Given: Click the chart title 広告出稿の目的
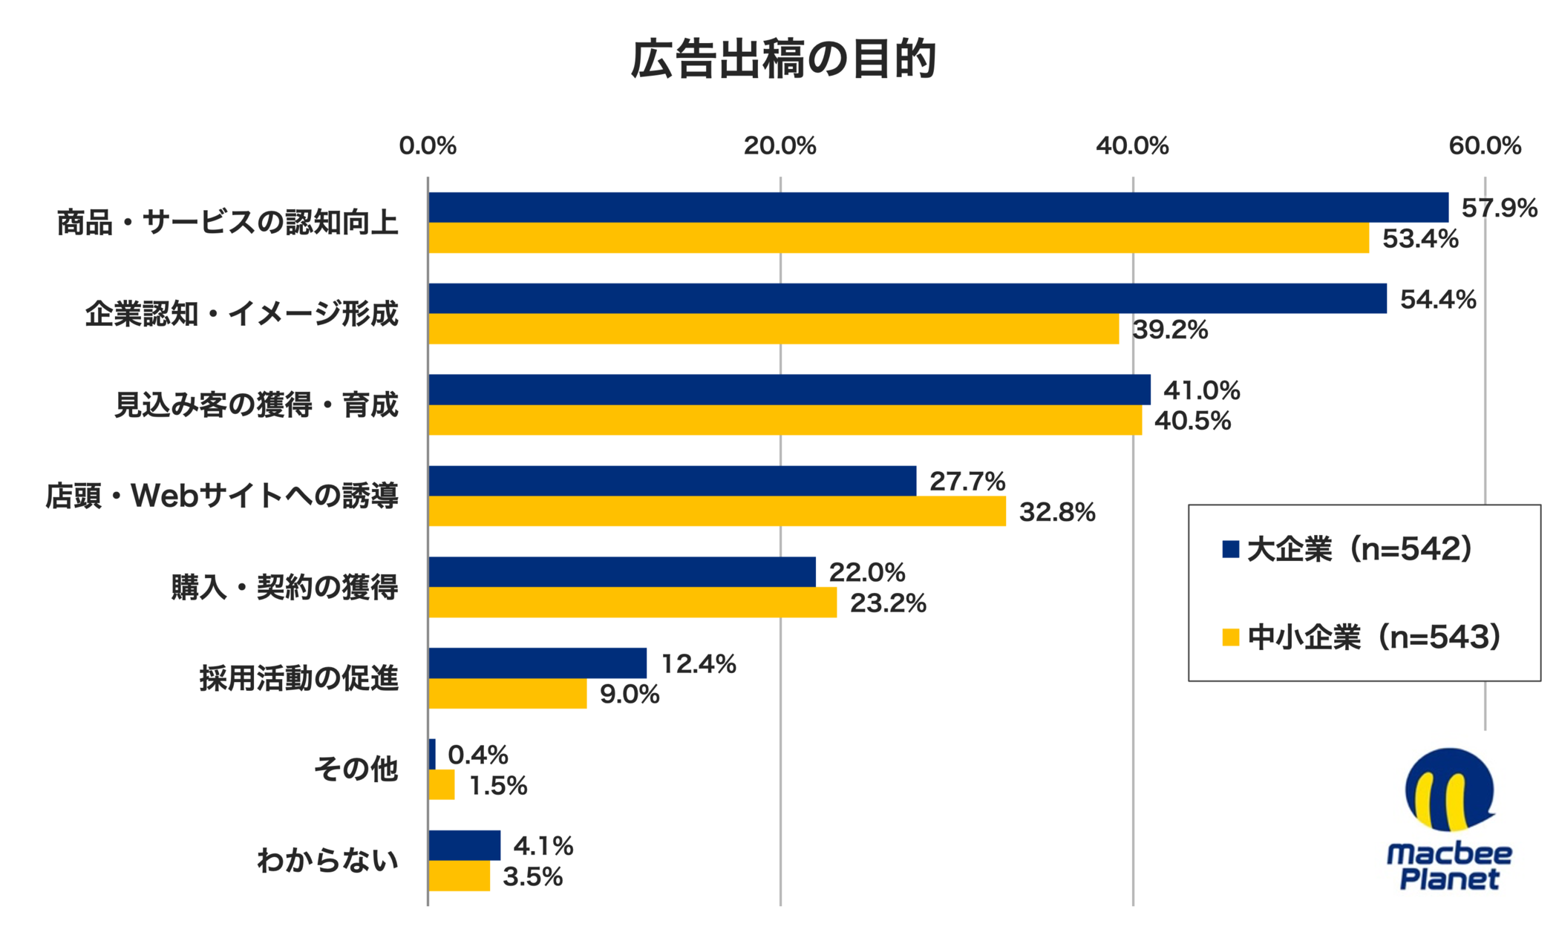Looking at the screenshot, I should pos(782,59).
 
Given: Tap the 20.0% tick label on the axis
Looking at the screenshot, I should pos(779,146).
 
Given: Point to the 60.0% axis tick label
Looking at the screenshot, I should pos(1484,146).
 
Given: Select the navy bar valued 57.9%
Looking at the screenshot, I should pos(938,208).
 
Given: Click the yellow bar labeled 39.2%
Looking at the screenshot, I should pos(773,329).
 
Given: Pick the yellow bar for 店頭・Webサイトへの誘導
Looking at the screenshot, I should pos(716,511).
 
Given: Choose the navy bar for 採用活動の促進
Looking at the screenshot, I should pos(537,663).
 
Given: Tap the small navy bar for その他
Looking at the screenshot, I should pos(432,754).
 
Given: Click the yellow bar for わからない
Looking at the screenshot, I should pos(459,876).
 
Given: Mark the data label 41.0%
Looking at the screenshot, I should pos(1201,390).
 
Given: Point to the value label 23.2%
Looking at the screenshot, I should pos(888,603).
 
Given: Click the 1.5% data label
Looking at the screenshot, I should pos(497,786).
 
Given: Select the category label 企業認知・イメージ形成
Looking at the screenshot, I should pos(241,314).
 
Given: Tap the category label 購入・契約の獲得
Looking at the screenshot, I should pos(284,587).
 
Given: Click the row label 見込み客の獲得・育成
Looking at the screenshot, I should pos(256,405).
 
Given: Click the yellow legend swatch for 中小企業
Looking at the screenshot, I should pos(1230,637).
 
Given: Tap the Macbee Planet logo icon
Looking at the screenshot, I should pos(1448,790).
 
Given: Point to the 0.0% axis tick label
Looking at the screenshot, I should pos(428,146).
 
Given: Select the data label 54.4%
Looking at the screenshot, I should pos(1437,300).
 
